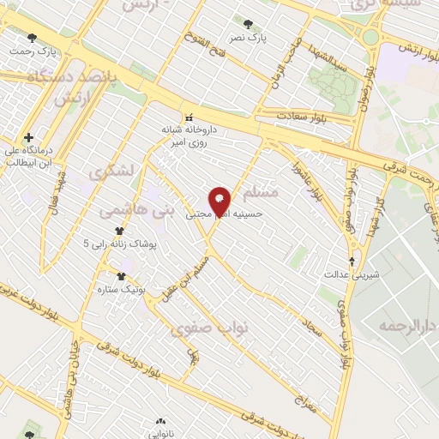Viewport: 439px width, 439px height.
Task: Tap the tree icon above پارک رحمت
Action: click(x=33, y=38)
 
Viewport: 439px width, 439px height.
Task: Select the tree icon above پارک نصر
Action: click(x=249, y=25)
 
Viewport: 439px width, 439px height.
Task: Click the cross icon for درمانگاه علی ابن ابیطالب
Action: click(x=29, y=137)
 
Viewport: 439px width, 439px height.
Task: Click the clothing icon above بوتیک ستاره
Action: click(x=120, y=276)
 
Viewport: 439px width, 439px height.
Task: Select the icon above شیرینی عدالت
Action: click(x=352, y=262)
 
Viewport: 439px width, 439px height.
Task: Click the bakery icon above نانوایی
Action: click(x=161, y=422)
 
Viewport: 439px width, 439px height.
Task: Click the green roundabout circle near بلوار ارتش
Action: click(x=371, y=37)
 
